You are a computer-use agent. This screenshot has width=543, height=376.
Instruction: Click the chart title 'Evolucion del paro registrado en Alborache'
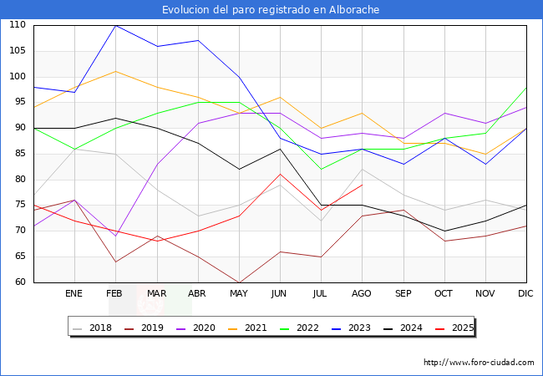click(x=271, y=10)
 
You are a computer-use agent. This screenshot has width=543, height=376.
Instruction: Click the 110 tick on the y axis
click(x=18, y=25)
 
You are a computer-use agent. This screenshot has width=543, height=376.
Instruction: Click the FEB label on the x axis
click(x=115, y=294)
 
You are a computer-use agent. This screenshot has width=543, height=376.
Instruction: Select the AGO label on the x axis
click(x=362, y=294)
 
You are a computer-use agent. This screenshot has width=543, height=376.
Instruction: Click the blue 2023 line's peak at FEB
click(x=115, y=25)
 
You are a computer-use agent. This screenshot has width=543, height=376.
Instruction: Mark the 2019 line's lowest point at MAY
click(x=239, y=282)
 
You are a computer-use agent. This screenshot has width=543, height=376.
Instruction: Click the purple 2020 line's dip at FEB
click(x=115, y=236)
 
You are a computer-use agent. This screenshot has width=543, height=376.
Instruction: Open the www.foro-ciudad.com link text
click(x=479, y=363)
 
